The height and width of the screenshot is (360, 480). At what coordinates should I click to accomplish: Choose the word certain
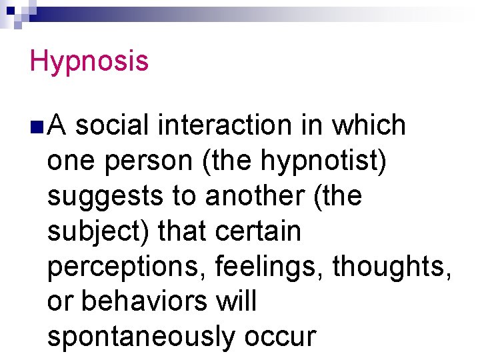tap(259, 231)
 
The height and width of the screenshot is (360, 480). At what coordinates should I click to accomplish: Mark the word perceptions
tap(128, 267)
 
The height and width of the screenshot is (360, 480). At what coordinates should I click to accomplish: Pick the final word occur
tap(279, 337)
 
